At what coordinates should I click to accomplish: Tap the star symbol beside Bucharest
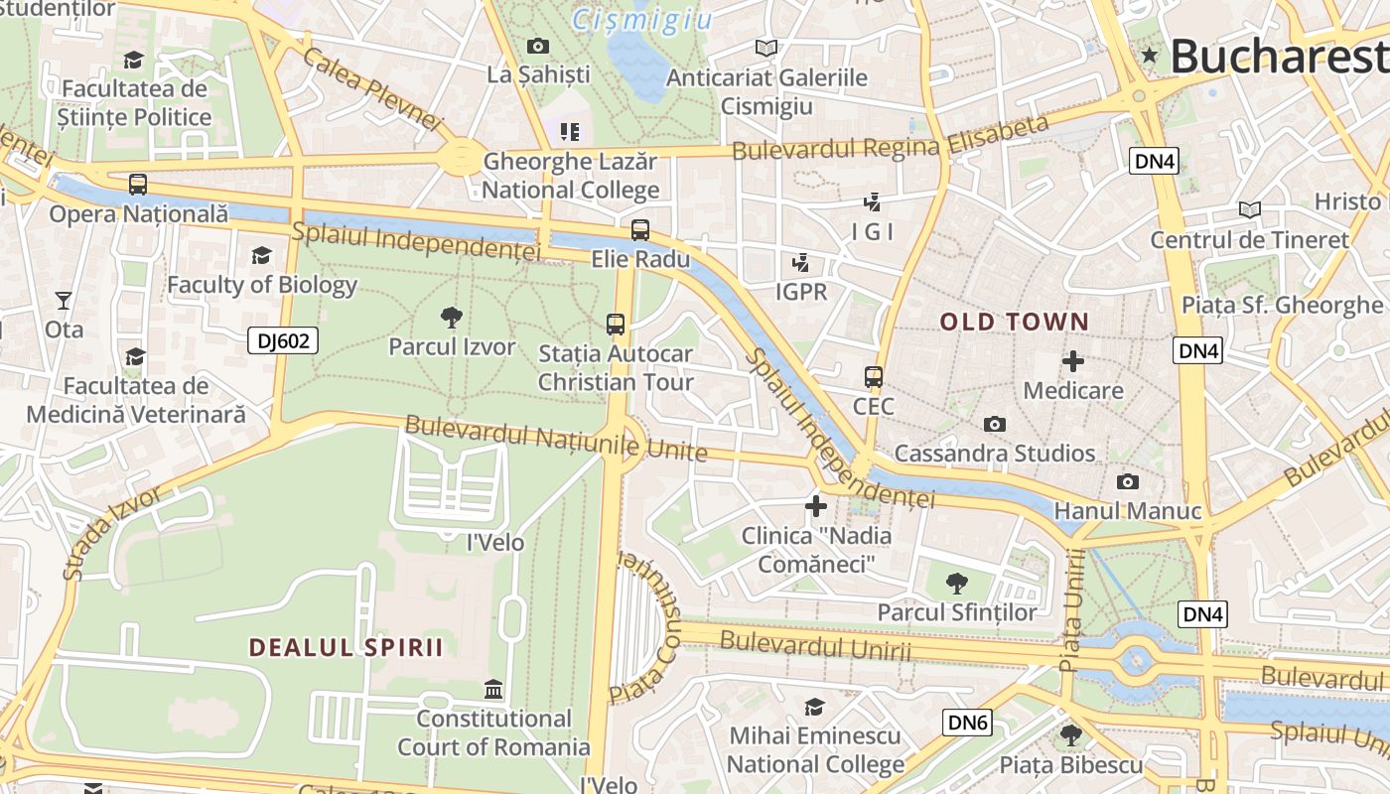(1150, 56)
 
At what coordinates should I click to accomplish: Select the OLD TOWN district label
(1014, 322)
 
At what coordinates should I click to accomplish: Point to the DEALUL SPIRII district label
(346, 647)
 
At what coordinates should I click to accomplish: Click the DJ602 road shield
(283, 341)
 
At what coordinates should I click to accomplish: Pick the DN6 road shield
(968, 723)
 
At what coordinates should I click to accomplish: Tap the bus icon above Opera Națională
(138, 185)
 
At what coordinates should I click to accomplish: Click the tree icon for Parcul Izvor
(452, 318)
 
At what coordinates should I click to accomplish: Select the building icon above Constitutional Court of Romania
(493, 689)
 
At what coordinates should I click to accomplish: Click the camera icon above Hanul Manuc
(1128, 482)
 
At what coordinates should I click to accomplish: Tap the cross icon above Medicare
(1073, 361)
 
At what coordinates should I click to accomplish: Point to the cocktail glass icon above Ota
(64, 300)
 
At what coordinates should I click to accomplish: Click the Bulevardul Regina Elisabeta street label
(891, 138)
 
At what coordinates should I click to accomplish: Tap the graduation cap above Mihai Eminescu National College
(814, 707)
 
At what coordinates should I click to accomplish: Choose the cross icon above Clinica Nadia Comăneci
(816, 506)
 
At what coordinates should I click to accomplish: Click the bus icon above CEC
(874, 377)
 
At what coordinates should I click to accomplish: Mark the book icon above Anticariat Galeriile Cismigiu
(765, 48)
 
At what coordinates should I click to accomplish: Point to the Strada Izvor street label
(111, 533)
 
